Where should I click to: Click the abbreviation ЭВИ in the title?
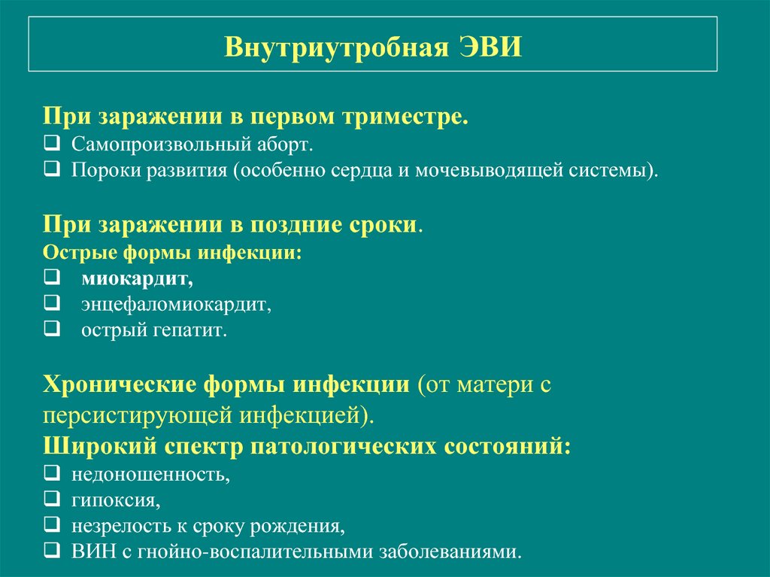(x=490, y=47)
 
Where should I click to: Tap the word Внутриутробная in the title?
(x=336, y=47)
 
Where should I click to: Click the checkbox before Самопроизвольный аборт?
(x=52, y=143)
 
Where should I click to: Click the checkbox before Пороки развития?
(x=52, y=169)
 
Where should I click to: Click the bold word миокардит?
(x=137, y=279)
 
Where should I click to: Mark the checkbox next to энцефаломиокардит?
(x=52, y=302)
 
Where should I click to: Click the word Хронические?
(x=120, y=384)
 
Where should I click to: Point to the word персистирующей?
(x=138, y=416)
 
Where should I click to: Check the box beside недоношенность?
(x=52, y=472)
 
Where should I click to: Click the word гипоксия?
(x=116, y=500)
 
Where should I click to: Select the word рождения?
(x=297, y=526)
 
